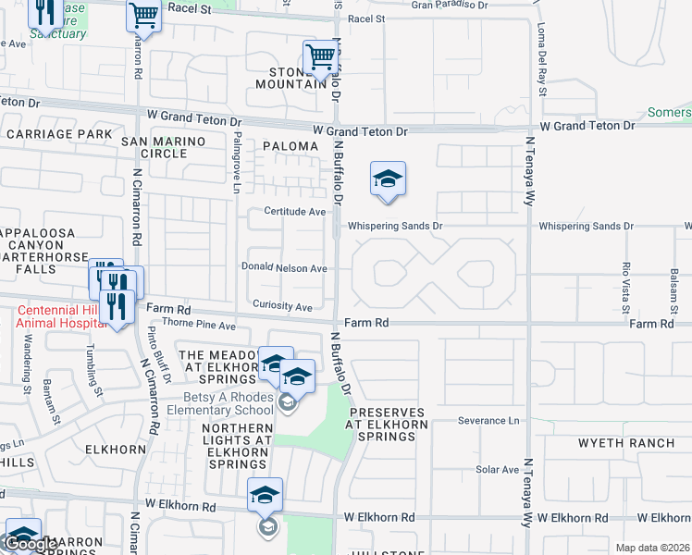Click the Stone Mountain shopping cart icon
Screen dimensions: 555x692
pyautogui.click(x=319, y=56)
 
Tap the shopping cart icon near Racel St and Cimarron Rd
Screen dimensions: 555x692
pyautogui.click(x=143, y=15)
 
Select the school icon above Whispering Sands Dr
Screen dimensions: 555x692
pyautogui.click(x=388, y=179)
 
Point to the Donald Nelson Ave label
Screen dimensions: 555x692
pyautogui.click(x=284, y=268)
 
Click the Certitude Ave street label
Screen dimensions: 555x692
pyautogui.click(x=295, y=212)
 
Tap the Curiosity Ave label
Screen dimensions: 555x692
pyautogui.click(x=282, y=306)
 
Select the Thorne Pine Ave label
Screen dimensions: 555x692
pyautogui.click(x=199, y=326)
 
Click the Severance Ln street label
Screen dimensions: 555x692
pyautogui.click(x=488, y=421)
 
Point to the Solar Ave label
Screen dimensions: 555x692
pyautogui.click(x=498, y=469)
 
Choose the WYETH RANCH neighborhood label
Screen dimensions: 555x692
pyautogui.click(x=626, y=443)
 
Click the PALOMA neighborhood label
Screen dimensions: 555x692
pyautogui.click(x=289, y=146)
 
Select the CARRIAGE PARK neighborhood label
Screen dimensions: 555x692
pyautogui.click(x=58, y=134)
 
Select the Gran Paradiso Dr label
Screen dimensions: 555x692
pyautogui.click(x=449, y=5)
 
